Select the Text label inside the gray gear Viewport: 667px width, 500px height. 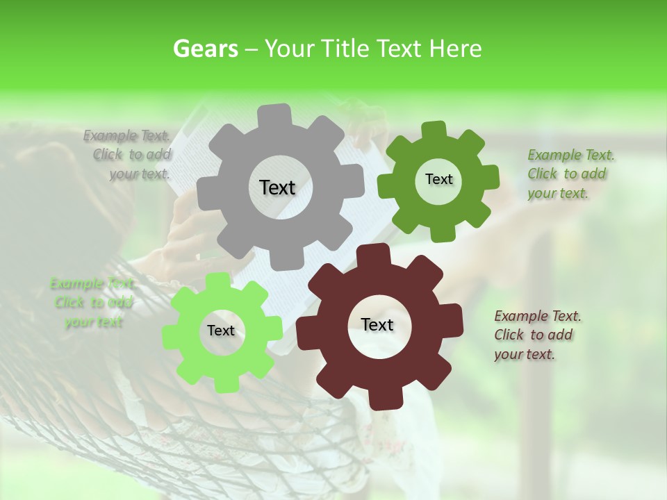click(x=277, y=187)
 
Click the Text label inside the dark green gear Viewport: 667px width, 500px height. click(x=438, y=179)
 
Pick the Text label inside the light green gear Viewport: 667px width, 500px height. click(x=221, y=331)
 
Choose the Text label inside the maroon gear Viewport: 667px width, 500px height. click(x=377, y=325)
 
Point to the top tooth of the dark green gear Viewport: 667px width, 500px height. click(x=434, y=130)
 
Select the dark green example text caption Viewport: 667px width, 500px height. click(x=570, y=174)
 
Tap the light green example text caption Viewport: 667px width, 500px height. click(x=92, y=303)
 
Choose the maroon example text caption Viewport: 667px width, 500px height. click(x=537, y=335)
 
